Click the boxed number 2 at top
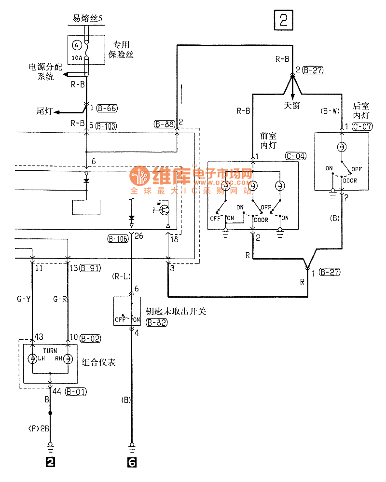click(x=283, y=20)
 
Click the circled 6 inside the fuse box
click(x=76, y=45)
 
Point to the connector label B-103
click(x=106, y=126)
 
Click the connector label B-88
click(x=164, y=124)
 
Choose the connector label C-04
click(x=296, y=156)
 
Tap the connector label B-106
click(x=118, y=237)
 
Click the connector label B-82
click(x=157, y=323)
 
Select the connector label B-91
click(x=90, y=269)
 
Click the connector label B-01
click(x=77, y=392)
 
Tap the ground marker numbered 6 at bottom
click(x=132, y=462)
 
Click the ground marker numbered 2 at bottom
click(x=50, y=462)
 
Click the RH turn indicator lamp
click(x=68, y=358)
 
